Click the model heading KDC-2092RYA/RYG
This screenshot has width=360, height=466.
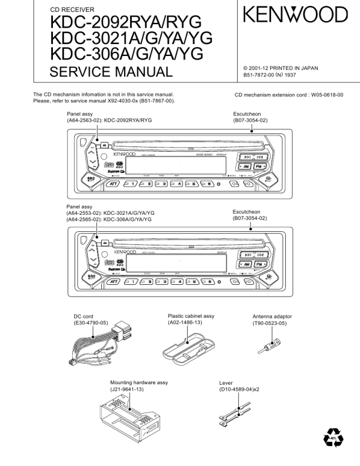pos(126,23)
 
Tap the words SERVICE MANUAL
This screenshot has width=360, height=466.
pos(111,72)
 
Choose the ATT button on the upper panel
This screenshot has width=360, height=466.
pos(112,184)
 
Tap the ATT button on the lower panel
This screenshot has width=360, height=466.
pos(112,281)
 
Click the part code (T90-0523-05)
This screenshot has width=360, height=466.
pos(269,324)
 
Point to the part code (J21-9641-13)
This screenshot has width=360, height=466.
pos(127,390)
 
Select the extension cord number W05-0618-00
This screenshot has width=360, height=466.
pos(327,95)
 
